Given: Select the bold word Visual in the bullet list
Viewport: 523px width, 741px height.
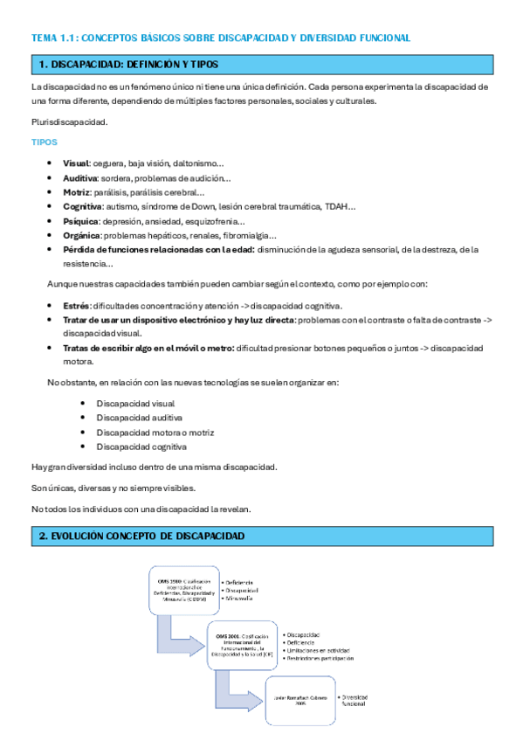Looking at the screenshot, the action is pos(76,163).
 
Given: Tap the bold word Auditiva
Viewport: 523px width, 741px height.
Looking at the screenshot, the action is pos(79,178).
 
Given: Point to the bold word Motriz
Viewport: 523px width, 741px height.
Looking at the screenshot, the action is pos(76,192).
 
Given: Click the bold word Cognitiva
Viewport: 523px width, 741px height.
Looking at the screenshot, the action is pos(83,206).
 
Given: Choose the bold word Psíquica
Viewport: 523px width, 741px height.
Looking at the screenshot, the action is pos(81,221).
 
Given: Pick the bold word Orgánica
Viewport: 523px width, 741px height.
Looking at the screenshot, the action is pos(82,235).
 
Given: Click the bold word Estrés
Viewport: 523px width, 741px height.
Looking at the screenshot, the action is pos(77,306).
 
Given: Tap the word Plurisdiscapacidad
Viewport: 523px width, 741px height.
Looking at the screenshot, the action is pos(70,121).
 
